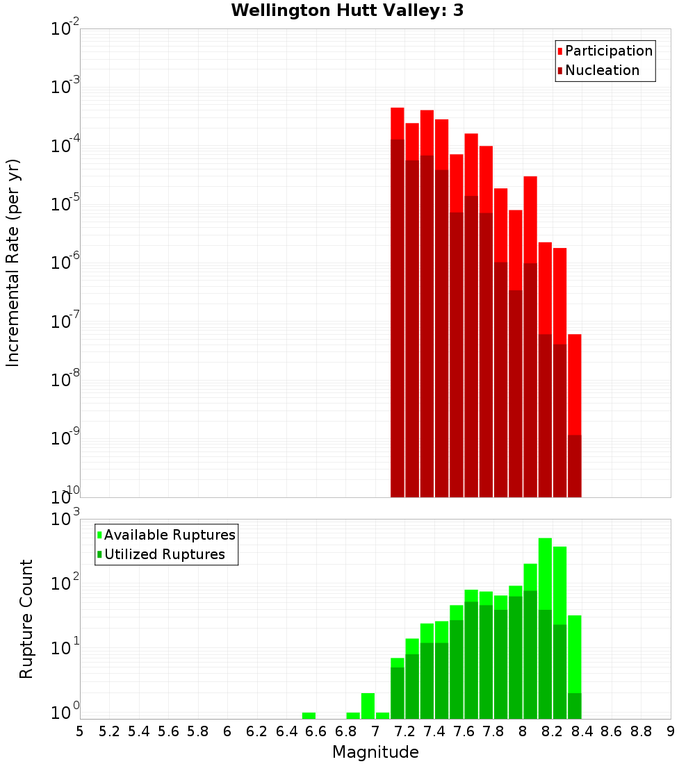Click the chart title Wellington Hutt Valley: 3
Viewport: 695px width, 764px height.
click(x=347, y=10)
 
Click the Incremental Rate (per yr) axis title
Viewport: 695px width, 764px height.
click(x=13, y=263)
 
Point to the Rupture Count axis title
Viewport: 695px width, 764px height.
click(x=26, y=618)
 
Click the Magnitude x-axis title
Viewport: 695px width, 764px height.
click(x=375, y=752)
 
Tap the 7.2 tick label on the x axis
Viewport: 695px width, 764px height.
click(x=404, y=731)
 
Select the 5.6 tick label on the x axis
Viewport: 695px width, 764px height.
click(x=168, y=731)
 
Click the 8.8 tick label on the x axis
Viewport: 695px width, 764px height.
click(x=641, y=731)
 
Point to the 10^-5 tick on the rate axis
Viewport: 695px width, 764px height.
click(x=64, y=204)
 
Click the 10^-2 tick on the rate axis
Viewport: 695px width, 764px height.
click(x=64, y=28)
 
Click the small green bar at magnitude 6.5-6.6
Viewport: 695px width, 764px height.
click(x=309, y=715)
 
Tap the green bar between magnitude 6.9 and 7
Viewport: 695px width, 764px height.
click(x=368, y=706)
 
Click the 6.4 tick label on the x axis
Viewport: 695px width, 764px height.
click(x=286, y=731)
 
